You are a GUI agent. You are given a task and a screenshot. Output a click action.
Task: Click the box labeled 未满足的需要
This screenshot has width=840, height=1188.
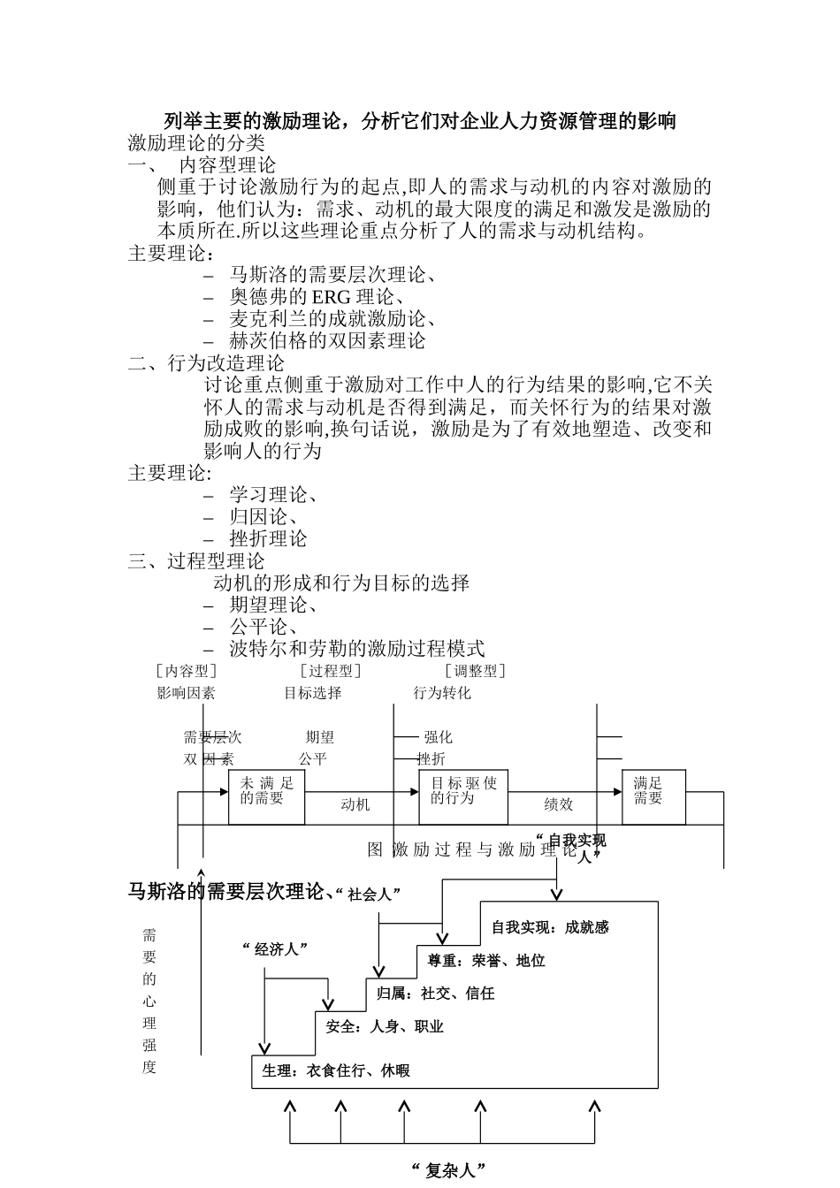coord(266,796)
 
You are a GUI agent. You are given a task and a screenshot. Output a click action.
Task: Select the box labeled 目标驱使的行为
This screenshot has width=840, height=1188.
coord(463,796)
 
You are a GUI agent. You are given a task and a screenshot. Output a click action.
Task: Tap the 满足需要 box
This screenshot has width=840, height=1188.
coord(653,796)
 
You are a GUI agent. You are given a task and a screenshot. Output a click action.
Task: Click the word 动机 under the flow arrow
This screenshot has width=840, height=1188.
coord(355,804)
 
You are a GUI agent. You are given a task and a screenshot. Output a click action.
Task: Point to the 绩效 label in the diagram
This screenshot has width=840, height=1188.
coord(558,804)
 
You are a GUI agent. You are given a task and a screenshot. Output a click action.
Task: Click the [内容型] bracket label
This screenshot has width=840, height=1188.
coord(186,671)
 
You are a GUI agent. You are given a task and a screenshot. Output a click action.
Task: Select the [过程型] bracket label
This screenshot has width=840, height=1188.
coord(330,671)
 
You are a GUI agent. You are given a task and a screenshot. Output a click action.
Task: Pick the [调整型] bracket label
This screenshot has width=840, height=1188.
coord(475,671)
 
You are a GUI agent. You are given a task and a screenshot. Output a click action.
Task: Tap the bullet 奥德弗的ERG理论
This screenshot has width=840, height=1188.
coord(317,297)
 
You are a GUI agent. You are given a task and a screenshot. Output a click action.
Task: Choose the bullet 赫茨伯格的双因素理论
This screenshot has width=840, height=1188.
coord(327,341)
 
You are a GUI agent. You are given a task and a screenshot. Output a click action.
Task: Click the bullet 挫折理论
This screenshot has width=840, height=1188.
coord(268,539)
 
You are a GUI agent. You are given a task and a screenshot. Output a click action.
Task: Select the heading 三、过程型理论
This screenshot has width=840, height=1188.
coord(196,561)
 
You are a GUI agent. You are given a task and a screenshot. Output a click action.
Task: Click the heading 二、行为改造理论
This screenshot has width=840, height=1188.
coord(206,363)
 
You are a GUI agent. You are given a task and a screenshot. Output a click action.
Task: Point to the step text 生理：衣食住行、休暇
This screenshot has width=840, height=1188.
coord(336,1070)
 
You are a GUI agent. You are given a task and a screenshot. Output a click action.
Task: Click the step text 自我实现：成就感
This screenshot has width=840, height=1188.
coord(550,927)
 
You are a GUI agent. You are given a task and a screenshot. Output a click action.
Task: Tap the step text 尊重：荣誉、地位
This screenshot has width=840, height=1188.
coord(486,960)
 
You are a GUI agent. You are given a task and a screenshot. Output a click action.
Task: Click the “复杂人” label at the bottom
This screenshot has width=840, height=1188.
coord(449,1171)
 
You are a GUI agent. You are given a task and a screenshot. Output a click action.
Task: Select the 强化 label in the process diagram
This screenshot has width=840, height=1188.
coord(438,737)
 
